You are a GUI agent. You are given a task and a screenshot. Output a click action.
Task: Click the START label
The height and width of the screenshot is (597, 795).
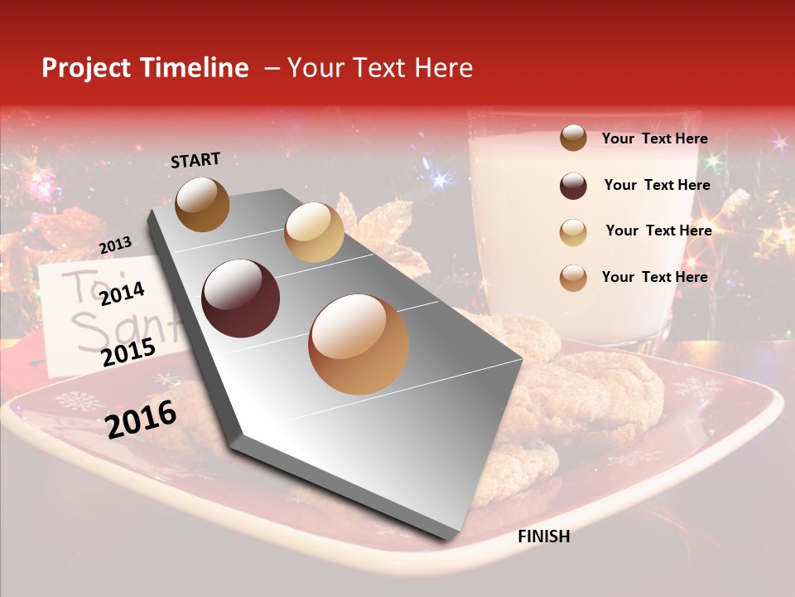click(195, 160)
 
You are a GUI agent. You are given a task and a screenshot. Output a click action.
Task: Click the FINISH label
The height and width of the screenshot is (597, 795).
click(543, 536)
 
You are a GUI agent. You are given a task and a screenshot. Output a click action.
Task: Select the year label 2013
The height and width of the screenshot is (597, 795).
click(115, 245)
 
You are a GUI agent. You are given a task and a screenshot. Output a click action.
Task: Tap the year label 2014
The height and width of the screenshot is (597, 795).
click(122, 294)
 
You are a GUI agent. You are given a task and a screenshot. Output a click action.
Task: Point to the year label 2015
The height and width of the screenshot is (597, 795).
click(128, 353)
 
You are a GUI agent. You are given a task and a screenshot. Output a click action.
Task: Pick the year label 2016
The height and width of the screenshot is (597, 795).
click(141, 419)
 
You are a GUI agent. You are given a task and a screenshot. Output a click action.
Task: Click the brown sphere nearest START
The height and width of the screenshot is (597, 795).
click(202, 204)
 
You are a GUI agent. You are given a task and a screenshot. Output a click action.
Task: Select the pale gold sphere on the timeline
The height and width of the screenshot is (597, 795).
click(314, 232)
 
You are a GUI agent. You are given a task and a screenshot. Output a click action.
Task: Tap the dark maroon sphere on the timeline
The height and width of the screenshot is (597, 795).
click(240, 298)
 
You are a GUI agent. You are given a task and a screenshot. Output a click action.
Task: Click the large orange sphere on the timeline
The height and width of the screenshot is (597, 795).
click(359, 344)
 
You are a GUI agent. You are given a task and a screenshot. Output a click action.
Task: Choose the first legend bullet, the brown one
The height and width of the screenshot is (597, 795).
click(573, 138)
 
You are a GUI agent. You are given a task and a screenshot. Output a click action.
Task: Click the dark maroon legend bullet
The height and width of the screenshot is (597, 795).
click(573, 186)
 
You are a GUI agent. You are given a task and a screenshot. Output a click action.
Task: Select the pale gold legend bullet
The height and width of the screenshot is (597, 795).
click(573, 232)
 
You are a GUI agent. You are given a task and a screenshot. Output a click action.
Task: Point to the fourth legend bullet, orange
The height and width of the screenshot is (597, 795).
click(573, 278)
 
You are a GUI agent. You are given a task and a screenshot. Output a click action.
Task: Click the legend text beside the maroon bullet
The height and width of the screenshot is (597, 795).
click(657, 185)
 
